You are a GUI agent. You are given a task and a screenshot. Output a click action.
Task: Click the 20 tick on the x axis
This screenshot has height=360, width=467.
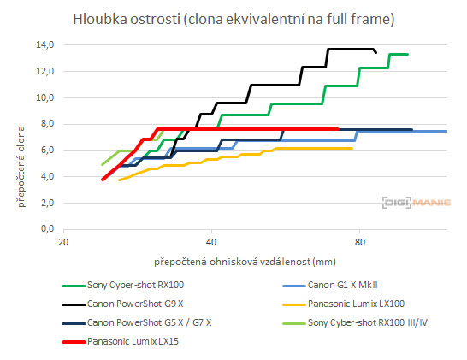tap(62, 241)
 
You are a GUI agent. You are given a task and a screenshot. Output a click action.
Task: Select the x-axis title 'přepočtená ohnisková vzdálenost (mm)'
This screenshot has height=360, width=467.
tap(244, 260)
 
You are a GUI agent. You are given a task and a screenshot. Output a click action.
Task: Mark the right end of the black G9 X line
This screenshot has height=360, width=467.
tap(375, 52)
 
